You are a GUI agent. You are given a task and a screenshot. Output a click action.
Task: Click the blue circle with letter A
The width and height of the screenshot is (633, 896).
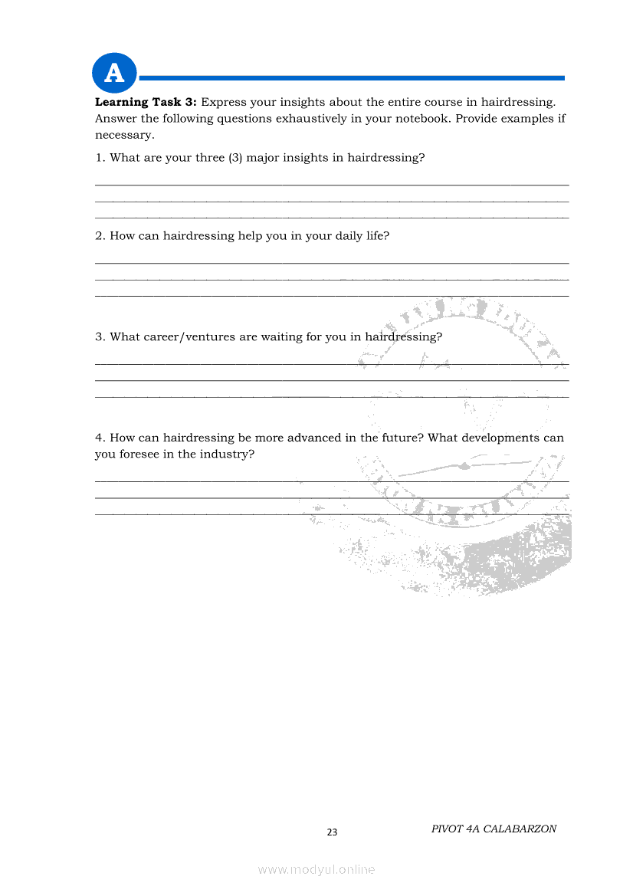pyautogui.click(x=114, y=74)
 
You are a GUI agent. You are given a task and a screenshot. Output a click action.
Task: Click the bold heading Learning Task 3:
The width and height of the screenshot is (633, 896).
pyautogui.click(x=146, y=102)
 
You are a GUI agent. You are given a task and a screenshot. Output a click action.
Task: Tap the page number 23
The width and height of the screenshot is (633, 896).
pyautogui.click(x=332, y=832)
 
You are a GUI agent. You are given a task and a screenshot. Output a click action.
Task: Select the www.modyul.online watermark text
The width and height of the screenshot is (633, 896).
pyautogui.click(x=316, y=869)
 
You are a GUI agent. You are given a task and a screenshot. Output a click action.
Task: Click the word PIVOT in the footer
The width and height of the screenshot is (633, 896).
pyautogui.click(x=447, y=829)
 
